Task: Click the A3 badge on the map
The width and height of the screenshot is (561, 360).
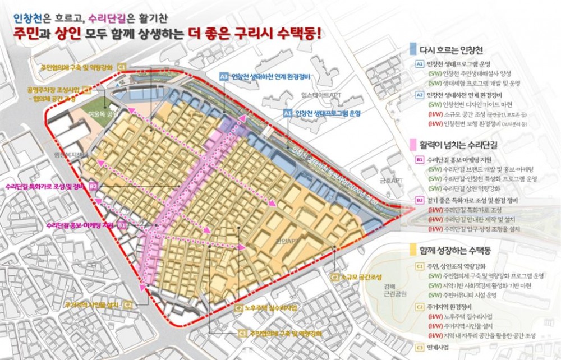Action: click(223, 76)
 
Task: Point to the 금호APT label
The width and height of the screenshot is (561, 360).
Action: click(391, 181)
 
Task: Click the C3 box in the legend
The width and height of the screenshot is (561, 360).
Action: click(420, 347)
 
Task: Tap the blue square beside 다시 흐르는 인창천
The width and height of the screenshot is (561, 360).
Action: click(413, 48)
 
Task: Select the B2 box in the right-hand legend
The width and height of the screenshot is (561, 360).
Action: click(420, 200)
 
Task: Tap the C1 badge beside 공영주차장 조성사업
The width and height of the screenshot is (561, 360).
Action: click(86, 89)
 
